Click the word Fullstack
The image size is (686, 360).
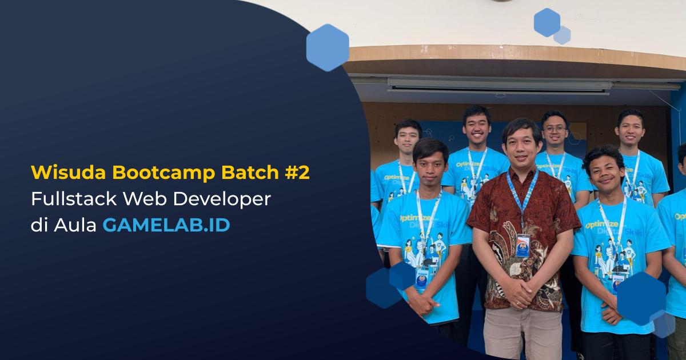74,199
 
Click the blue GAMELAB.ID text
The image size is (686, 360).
166,225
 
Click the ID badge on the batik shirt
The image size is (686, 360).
523,245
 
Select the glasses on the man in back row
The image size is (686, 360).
555,129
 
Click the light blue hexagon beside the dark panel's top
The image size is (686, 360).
328,48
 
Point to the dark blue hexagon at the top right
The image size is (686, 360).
547,23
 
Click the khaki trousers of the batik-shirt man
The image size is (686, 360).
523,334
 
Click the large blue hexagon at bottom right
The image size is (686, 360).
641,298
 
